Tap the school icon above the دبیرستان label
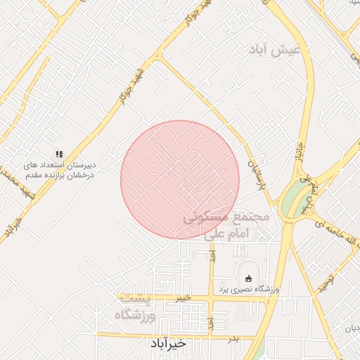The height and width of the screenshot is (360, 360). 60,153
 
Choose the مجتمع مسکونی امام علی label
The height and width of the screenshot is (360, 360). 226,227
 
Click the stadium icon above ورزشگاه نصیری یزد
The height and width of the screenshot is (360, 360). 247,276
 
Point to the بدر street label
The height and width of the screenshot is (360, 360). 234,339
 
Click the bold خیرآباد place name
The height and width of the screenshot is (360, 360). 167,344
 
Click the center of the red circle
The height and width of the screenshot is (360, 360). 180,180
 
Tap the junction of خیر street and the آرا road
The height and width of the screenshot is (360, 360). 212,299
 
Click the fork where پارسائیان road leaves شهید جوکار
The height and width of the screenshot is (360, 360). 159,58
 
